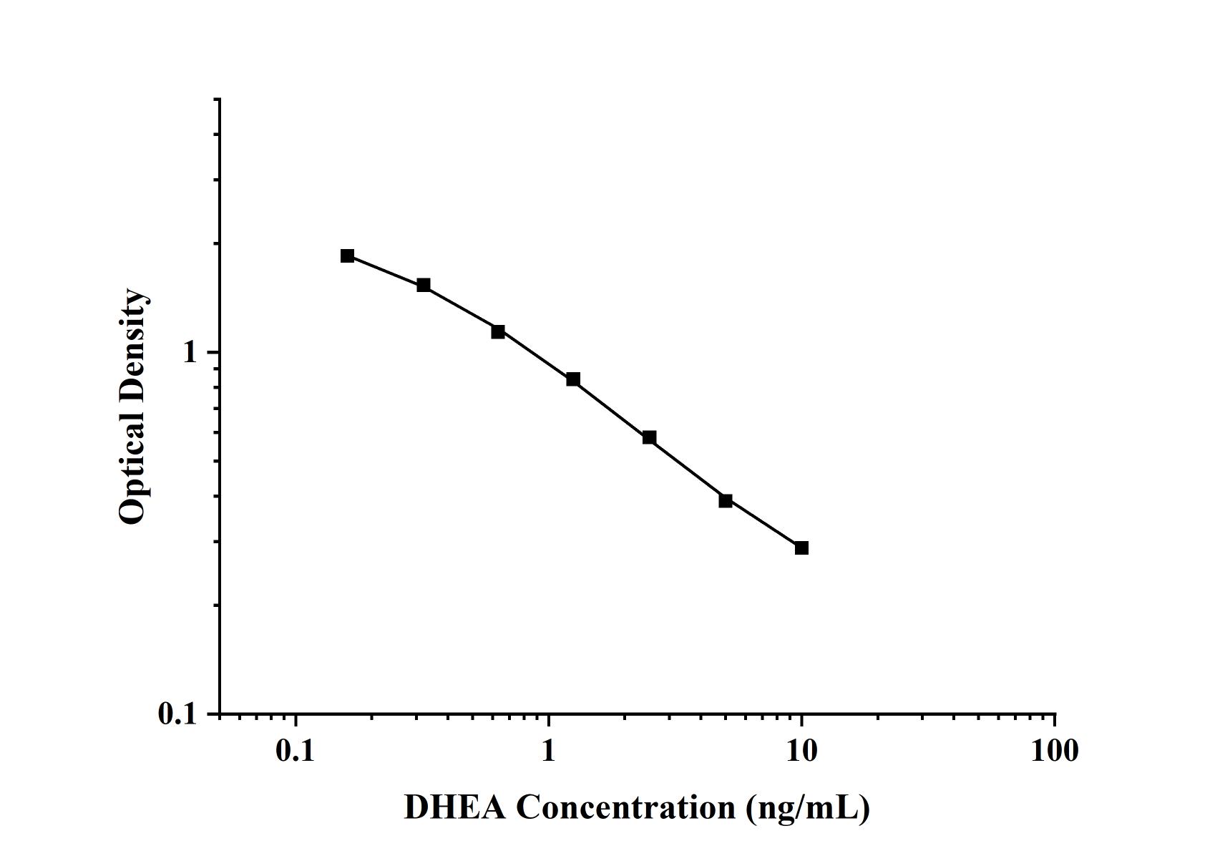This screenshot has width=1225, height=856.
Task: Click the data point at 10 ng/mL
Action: (x=801, y=548)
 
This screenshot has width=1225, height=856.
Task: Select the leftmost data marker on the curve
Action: (x=347, y=256)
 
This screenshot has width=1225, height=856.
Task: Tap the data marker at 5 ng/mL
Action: (x=726, y=500)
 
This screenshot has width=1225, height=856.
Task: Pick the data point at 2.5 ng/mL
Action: (x=649, y=437)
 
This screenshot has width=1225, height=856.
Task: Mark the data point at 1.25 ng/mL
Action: (x=573, y=379)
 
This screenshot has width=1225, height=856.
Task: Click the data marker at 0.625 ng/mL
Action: (x=498, y=331)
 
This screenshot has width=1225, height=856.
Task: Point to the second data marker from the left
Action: (x=424, y=285)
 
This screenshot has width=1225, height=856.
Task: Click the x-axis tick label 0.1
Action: (x=296, y=751)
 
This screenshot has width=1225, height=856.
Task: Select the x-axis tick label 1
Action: (x=548, y=751)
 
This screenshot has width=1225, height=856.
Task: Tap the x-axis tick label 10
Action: (x=801, y=751)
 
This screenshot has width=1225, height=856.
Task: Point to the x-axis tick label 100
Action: (x=1054, y=751)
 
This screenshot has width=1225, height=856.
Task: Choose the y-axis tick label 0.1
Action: (x=177, y=714)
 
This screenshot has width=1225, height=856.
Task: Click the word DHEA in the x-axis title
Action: (x=454, y=807)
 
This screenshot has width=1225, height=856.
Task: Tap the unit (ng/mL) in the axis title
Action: (x=808, y=808)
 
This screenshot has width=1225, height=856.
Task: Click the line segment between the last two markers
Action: (x=763, y=524)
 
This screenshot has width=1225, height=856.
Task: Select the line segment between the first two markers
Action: (x=385, y=270)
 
